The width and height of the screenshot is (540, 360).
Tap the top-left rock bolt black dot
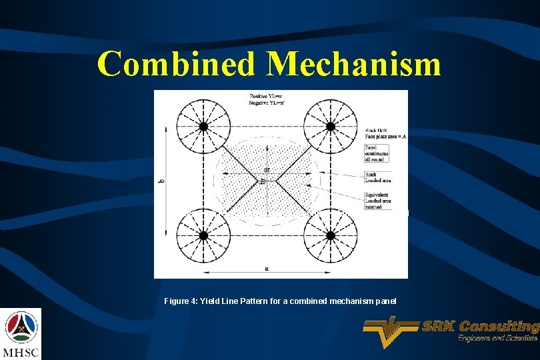(204, 127)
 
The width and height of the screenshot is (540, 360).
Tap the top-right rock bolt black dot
(329, 127)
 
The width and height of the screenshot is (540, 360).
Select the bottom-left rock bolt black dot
(204, 235)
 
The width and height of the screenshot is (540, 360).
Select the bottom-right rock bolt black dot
(329, 235)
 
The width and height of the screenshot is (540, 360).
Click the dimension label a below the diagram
(267, 269)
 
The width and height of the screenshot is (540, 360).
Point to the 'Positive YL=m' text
(265, 97)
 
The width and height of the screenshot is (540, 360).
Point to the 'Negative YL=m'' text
(265, 103)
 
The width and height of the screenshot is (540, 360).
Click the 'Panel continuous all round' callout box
(377, 153)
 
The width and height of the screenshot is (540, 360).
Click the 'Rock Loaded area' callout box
(376, 177)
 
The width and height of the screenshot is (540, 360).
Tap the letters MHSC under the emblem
(21, 352)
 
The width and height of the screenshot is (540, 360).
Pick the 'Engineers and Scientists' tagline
(497, 339)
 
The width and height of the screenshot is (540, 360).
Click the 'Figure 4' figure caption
(280, 301)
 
